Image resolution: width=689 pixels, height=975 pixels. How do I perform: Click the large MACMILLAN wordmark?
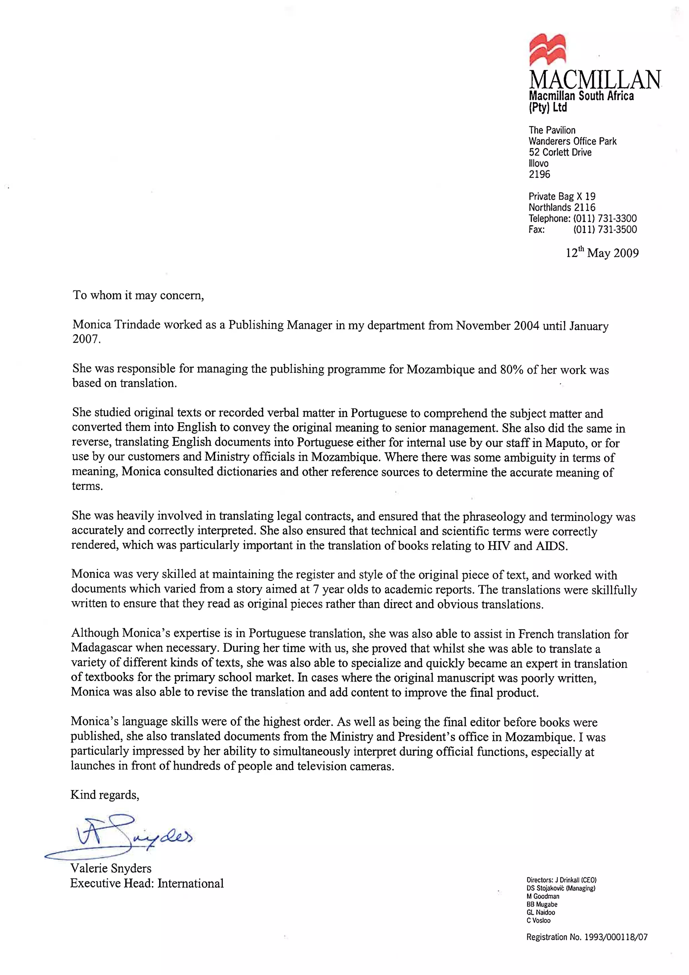click(594, 79)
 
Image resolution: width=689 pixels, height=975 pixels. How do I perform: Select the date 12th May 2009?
click(602, 253)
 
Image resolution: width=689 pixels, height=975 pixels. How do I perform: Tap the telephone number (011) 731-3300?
click(605, 219)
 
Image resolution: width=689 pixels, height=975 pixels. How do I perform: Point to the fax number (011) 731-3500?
click(605, 230)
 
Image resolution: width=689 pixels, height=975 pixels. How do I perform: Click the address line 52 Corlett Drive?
click(559, 152)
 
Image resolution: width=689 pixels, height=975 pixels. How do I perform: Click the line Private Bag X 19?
click(561, 197)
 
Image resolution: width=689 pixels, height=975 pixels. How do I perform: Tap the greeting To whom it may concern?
click(138, 295)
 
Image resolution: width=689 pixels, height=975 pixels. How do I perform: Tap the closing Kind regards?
click(104, 795)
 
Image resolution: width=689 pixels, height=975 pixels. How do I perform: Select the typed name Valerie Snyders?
click(111, 868)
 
